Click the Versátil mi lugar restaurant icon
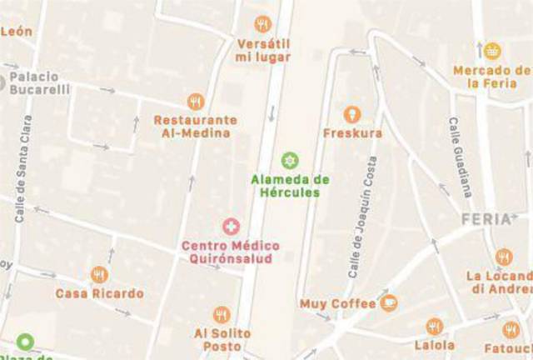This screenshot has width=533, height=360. coord(263,24)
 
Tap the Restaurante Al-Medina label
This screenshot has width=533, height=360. coord(195,126)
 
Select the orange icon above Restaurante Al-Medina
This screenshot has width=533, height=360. coord(195,102)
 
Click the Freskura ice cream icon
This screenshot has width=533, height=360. coord(352,113)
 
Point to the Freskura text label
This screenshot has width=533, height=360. coord(352,133)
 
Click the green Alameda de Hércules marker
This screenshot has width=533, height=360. coord(290,159)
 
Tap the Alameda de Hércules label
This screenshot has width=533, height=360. coord(290,186)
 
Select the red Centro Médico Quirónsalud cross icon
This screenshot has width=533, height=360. coord(231,227)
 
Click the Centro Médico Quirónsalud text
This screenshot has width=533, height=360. coord(231,252)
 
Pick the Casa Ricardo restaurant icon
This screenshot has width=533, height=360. coord(99,275)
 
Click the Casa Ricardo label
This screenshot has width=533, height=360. coord(99,294)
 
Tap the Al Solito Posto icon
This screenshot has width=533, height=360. coord(222,314)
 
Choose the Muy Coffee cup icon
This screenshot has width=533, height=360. coord(388,302)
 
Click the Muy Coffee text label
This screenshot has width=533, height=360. coord(337,304)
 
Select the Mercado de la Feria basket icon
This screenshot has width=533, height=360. coord(492,51)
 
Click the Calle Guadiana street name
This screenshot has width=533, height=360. coord(461,157)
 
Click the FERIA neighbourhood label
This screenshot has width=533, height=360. coord(484,219)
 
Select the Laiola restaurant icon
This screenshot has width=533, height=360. coord(433,326)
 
